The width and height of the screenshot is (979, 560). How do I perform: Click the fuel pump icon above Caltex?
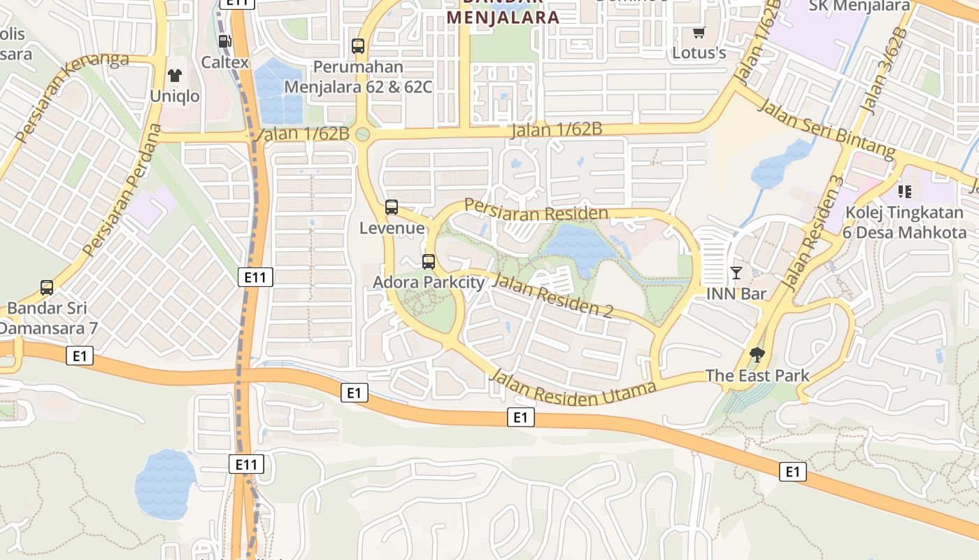pos(224,41)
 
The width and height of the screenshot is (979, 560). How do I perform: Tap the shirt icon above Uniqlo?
pos(174,76)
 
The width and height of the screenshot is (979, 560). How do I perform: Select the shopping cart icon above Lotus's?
pos(699,32)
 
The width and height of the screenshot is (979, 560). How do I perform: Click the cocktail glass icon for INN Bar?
pos(736,272)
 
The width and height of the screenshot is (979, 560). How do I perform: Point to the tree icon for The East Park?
pos(757,354)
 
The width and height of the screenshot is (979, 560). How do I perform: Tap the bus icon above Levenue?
pos(392,207)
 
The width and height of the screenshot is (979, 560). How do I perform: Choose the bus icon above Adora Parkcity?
pos(429,262)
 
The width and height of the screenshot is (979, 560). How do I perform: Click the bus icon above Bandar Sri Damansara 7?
pos(47,287)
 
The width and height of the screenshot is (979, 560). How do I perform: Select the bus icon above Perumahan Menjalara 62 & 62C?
pos(358,46)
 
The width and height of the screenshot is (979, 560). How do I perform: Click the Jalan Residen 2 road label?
pos(552,295)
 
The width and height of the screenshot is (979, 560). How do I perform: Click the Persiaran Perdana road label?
pos(122,190)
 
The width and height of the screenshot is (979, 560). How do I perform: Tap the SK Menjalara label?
pos(859,6)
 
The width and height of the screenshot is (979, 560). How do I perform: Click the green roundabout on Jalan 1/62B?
pos(362,134)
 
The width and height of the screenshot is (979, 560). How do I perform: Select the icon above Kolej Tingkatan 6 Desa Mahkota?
pos(906,190)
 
